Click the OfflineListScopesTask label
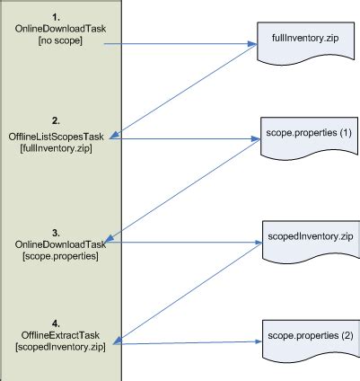pyautogui.click(x=61, y=136)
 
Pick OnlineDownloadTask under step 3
pyautogui.click(x=60, y=244)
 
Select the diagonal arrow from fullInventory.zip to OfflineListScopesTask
pyautogui.click(x=189, y=90)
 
